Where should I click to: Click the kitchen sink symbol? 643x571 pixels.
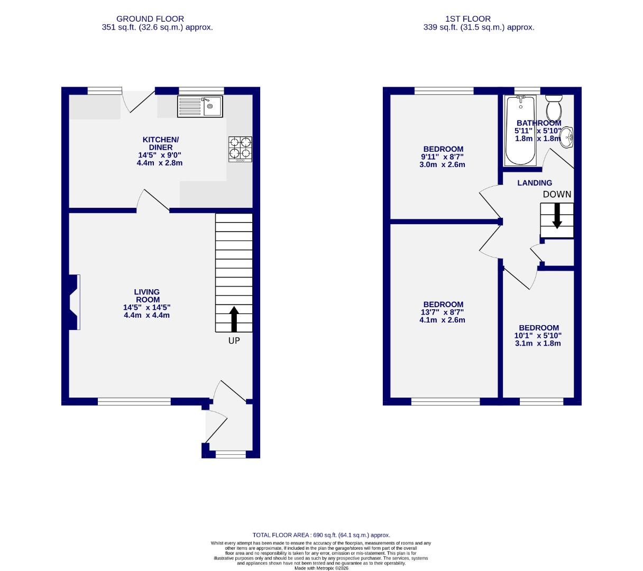(200, 106)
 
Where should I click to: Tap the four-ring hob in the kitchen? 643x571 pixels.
(240, 149)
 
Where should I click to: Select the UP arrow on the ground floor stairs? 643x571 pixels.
(234, 319)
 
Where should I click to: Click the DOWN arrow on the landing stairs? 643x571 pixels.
(557, 216)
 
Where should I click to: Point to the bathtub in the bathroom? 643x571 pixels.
(521, 130)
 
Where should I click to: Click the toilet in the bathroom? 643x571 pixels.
(554, 108)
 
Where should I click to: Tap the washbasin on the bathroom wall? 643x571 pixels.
(566, 137)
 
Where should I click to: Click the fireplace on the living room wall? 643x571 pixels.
(73, 302)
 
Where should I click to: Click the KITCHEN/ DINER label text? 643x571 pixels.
(161, 143)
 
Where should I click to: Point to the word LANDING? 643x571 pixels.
(535, 183)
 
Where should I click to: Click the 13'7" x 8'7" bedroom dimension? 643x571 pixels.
(443, 312)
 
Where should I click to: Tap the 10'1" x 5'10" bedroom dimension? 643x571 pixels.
(538, 335)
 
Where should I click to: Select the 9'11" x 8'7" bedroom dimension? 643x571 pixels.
(443, 157)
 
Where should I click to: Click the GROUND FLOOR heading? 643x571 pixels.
(150, 19)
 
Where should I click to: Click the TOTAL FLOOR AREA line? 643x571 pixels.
(321, 535)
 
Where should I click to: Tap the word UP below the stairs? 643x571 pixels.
(234, 341)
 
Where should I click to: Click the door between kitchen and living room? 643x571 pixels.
(154, 201)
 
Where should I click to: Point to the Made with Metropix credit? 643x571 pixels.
(321, 568)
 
